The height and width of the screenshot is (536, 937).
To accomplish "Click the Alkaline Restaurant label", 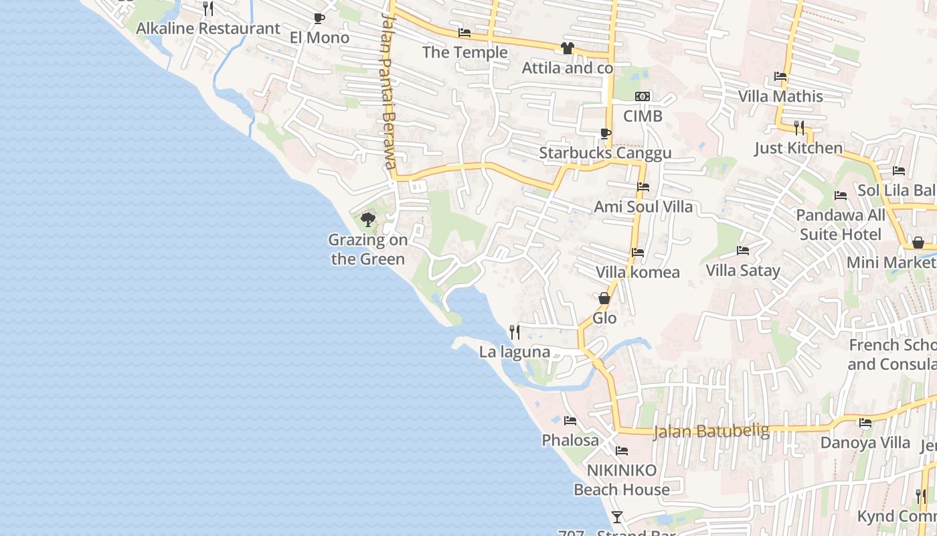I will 208,28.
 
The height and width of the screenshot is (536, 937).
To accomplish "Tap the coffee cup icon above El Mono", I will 319,19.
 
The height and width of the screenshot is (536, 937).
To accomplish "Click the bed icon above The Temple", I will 464,33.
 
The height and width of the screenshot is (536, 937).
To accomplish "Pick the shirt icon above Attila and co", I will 568,48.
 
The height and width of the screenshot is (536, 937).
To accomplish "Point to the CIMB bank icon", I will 643,97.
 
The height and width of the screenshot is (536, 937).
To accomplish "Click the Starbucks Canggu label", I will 605,153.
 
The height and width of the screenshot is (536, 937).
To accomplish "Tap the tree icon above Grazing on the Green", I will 367,220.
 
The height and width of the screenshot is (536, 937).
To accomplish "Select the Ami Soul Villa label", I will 643,206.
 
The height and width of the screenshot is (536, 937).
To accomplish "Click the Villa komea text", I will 638,272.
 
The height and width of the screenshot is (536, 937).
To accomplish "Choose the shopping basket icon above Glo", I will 604,299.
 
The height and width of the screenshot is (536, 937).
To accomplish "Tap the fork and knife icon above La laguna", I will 515,332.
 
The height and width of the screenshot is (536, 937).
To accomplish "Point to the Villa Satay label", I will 743,271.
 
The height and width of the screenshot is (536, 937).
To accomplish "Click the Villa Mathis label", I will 780,96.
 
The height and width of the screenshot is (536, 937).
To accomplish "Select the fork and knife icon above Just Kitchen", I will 798,127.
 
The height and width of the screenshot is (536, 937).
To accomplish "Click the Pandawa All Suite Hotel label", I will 841,224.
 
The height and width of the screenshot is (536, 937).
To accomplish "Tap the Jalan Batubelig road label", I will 711,431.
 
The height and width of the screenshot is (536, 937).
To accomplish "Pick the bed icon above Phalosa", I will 570,421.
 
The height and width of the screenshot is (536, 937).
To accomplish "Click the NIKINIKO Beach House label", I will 622,480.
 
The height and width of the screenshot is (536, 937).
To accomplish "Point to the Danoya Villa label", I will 865,443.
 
